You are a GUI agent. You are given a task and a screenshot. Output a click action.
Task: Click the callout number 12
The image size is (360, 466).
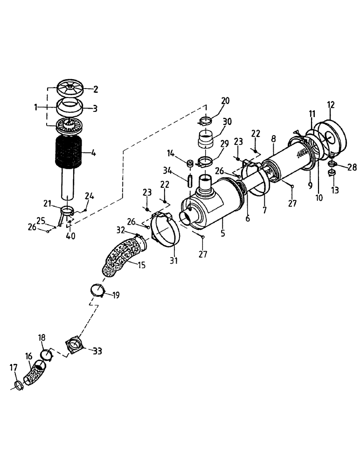click(332, 105)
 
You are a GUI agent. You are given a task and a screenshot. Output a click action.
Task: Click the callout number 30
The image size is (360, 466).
click(227, 121)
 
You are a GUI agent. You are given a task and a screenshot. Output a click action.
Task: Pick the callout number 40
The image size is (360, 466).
click(70, 236)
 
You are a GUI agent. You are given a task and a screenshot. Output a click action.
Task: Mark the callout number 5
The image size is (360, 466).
click(223, 232)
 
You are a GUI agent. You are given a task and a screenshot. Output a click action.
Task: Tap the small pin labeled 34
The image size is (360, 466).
click(190, 179)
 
